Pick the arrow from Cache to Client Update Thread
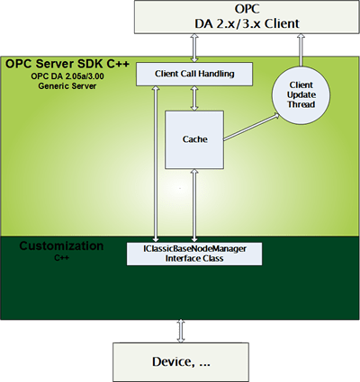point(251,127)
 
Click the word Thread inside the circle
point(301,102)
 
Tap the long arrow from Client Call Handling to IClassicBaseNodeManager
point(157,162)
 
